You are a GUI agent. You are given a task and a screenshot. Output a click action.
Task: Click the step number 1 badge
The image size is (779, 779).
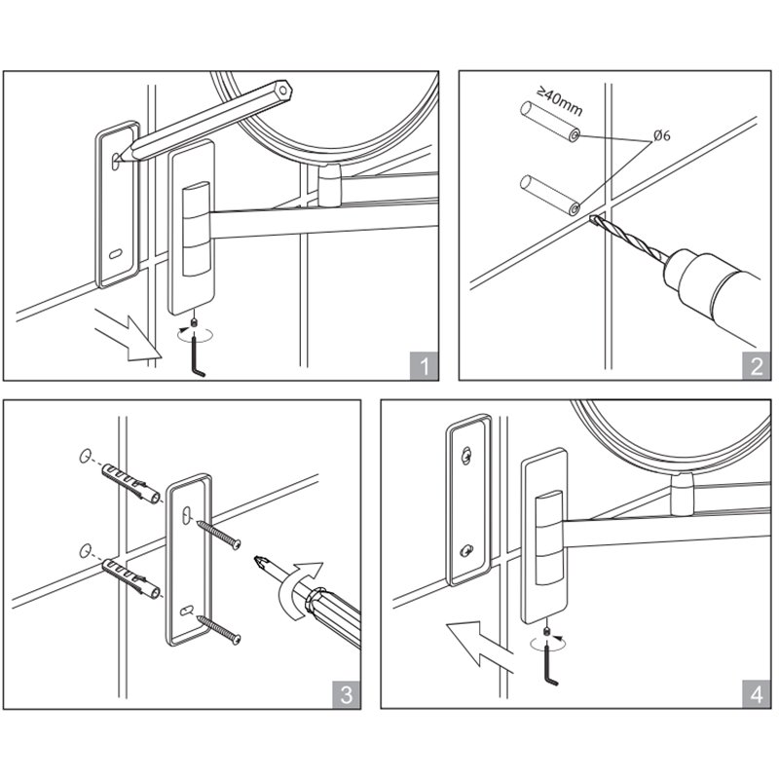(x=424, y=366)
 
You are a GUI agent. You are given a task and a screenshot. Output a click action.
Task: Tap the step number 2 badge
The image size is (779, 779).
(x=757, y=366)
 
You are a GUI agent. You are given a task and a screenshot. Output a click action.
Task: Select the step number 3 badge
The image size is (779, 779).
(x=347, y=694)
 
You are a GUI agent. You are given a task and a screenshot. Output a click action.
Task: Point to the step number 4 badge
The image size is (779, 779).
(x=757, y=694)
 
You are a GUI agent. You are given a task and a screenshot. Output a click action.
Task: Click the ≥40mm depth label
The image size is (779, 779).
(x=560, y=101)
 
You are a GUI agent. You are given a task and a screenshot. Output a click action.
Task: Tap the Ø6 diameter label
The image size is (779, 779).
(x=662, y=135)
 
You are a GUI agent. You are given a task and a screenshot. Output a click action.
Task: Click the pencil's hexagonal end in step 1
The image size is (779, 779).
(x=282, y=91)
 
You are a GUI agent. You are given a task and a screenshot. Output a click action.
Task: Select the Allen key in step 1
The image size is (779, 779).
(x=198, y=355)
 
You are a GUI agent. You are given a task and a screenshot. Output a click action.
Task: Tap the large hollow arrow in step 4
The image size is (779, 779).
(x=478, y=645)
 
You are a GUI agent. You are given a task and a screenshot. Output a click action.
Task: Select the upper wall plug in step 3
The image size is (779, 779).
(x=131, y=483)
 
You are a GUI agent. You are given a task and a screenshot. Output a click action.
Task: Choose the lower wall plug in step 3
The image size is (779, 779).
(x=131, y=578)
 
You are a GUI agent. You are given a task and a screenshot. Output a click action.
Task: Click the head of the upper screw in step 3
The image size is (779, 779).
(x=237, y=544)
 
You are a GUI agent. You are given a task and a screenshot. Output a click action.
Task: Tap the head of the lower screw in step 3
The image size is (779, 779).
(x=237, y=639)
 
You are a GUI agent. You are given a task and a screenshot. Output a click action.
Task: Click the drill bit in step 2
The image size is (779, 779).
(x=628, y=237)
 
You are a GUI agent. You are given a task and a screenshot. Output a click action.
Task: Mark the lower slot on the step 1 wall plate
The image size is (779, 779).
(x=115, y=254)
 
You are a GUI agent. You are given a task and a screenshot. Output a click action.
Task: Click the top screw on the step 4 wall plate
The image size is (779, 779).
(x=465, y=455)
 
